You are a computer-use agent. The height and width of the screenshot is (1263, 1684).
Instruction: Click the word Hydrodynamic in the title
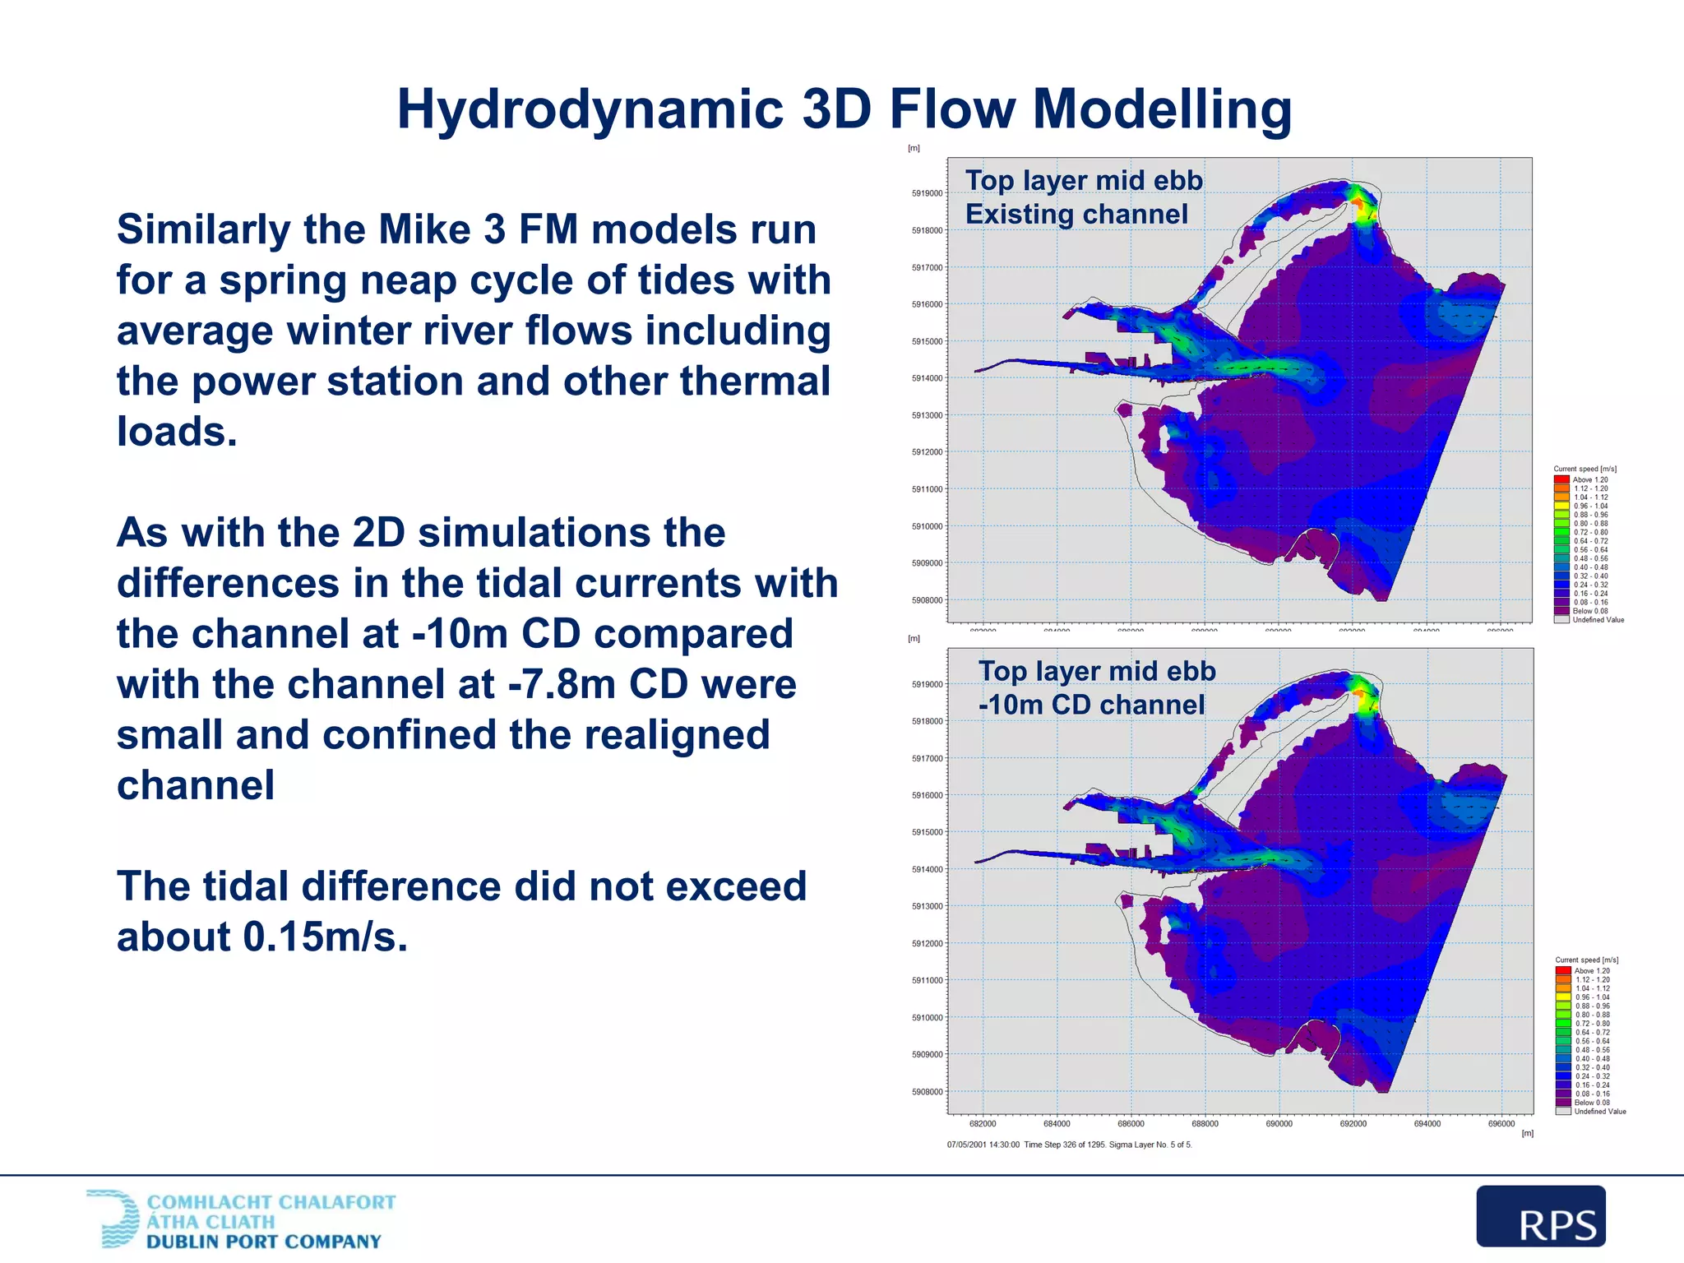pos(590,109)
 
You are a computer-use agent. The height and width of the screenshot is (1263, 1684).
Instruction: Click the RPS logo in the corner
pos(1540,1216)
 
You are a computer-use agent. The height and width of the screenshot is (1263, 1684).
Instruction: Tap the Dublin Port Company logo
pos(241,1220)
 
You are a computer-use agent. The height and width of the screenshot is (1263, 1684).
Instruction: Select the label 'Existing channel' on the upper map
pos(1076,215)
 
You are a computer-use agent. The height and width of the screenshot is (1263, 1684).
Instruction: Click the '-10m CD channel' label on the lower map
pos(1091,706)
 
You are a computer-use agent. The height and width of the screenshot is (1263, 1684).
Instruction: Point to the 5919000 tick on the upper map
pos(927,194)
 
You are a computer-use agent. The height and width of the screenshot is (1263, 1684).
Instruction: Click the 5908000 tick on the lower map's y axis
pos(927,1092)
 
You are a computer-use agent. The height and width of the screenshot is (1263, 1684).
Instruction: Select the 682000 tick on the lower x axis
pos(983,1124)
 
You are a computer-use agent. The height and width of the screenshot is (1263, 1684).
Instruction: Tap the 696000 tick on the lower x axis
pos(1501,1124)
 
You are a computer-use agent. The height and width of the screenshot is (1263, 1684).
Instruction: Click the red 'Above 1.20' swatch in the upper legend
pos(1561,479)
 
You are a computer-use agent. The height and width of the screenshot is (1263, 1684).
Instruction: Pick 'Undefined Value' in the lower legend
pos(1599,1112)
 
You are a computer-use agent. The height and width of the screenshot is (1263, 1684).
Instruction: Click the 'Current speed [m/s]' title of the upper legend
pos(1585,470)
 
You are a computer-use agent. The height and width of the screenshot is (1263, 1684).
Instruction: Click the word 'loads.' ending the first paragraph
pos(177,432)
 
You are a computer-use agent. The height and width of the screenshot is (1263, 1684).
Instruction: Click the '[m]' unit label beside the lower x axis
pos(1527,1134)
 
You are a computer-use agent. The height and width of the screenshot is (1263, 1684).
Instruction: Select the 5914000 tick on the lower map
pos(927,870)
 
